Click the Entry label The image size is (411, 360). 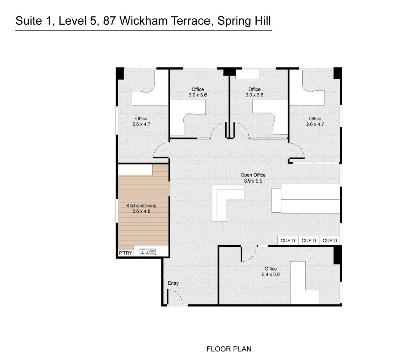173,283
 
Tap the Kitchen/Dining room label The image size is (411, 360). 141,206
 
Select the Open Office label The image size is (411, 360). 253,175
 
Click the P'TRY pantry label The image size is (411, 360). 125,253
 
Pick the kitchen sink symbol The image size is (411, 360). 147,252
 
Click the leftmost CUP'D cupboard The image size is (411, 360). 288,241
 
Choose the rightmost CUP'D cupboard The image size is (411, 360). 330,241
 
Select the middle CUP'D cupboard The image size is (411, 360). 309,241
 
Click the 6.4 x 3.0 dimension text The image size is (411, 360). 271,275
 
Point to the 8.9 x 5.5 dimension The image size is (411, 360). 253,181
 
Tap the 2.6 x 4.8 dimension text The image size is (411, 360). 141,211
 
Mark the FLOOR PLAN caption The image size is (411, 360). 229,349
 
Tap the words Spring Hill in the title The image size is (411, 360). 244,21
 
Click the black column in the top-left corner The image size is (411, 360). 120,73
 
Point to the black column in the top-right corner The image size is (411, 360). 338,73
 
